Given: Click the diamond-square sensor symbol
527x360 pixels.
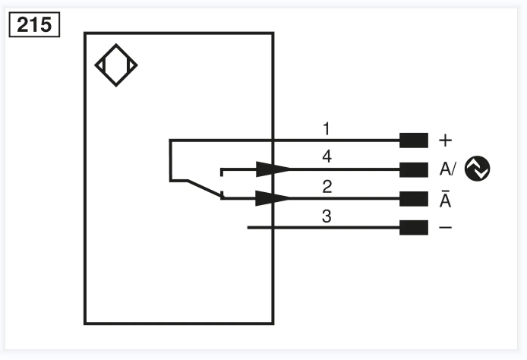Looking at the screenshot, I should (x=116, y=66).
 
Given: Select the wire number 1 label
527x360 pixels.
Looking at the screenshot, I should (x=327, y=128).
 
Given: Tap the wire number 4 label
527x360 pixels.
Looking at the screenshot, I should (x=327, y=156).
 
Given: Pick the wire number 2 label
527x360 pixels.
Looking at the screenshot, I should (x=327, y=186).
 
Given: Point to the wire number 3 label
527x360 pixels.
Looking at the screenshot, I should (x=327, y=216).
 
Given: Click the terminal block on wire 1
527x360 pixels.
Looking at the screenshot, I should (x=414, y=140).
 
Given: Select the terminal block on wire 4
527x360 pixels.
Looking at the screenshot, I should (x=414, y=169).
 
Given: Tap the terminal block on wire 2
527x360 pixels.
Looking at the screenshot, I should (x=414, y=199).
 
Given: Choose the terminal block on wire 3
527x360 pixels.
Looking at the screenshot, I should (x=414, y=228).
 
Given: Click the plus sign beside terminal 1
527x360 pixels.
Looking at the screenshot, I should (x=445, y=141).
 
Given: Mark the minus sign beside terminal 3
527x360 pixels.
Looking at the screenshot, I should (x=445, y=228).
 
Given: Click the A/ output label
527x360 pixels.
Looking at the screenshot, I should (x=447, y=169).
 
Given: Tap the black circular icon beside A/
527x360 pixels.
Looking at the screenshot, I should (x=478, y=169).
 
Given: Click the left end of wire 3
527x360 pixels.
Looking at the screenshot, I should (x=249, y=228).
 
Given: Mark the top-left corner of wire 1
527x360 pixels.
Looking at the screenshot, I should (x=170, y=141).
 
